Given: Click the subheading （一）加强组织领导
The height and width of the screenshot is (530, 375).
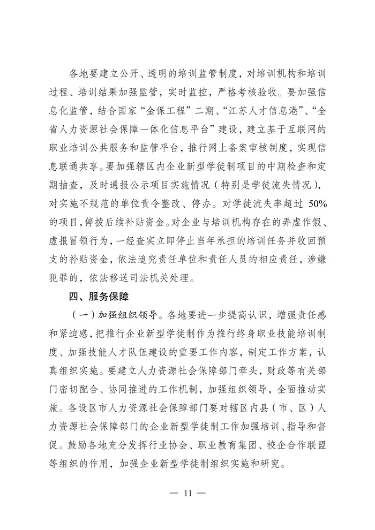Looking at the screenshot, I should coord(115,312).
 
